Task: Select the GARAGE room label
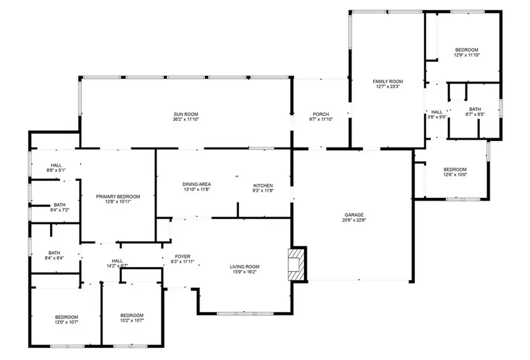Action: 354,215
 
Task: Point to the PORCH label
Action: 321,114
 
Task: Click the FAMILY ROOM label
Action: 387,81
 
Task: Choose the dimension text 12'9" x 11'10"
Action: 466,55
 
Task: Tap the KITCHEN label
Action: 263,185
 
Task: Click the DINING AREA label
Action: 197,185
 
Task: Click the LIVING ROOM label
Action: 244,266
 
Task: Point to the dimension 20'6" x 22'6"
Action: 354,221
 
